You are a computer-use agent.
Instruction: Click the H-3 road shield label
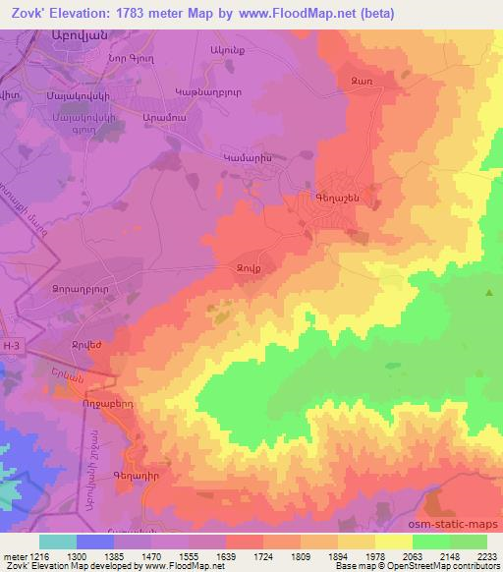click(x=11, y=346)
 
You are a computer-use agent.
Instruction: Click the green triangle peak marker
click(x=489, y=293)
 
